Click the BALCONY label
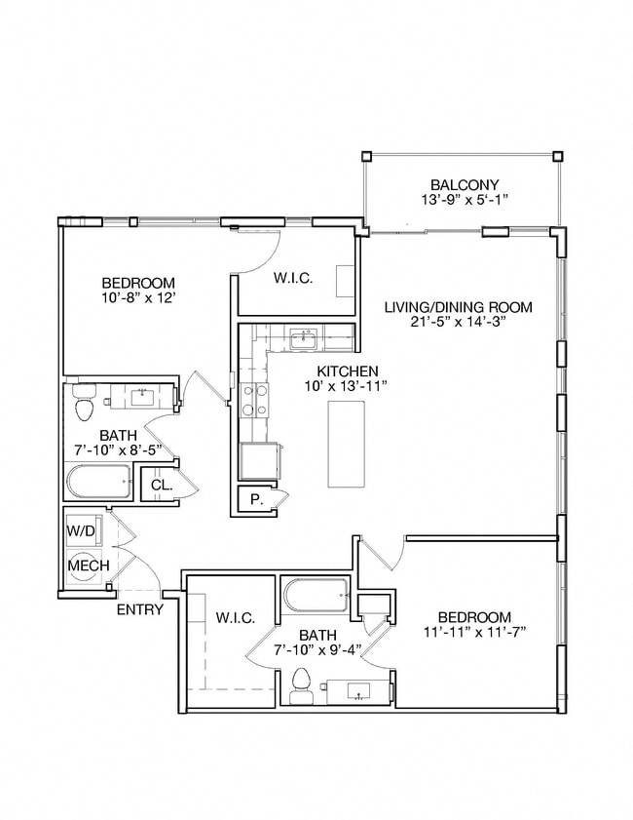click(x=465, y=184)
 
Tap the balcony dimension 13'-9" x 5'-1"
click(x=465, y=200)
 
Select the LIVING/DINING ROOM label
click(x=458, y=307)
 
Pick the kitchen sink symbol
click(x=303, y=340)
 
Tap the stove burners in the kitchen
click(x=255, y=400)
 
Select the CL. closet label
click(x=160, y=484)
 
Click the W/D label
click(x=81, y=531)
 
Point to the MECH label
click(x=84, y=565)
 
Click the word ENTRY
click(x=139, y=610)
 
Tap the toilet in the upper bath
click(x=84, y=405)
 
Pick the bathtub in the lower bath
click(x=316, y=594)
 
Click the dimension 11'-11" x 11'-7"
click(x=474, y=633)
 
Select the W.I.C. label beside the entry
click(x=235, y=618)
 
